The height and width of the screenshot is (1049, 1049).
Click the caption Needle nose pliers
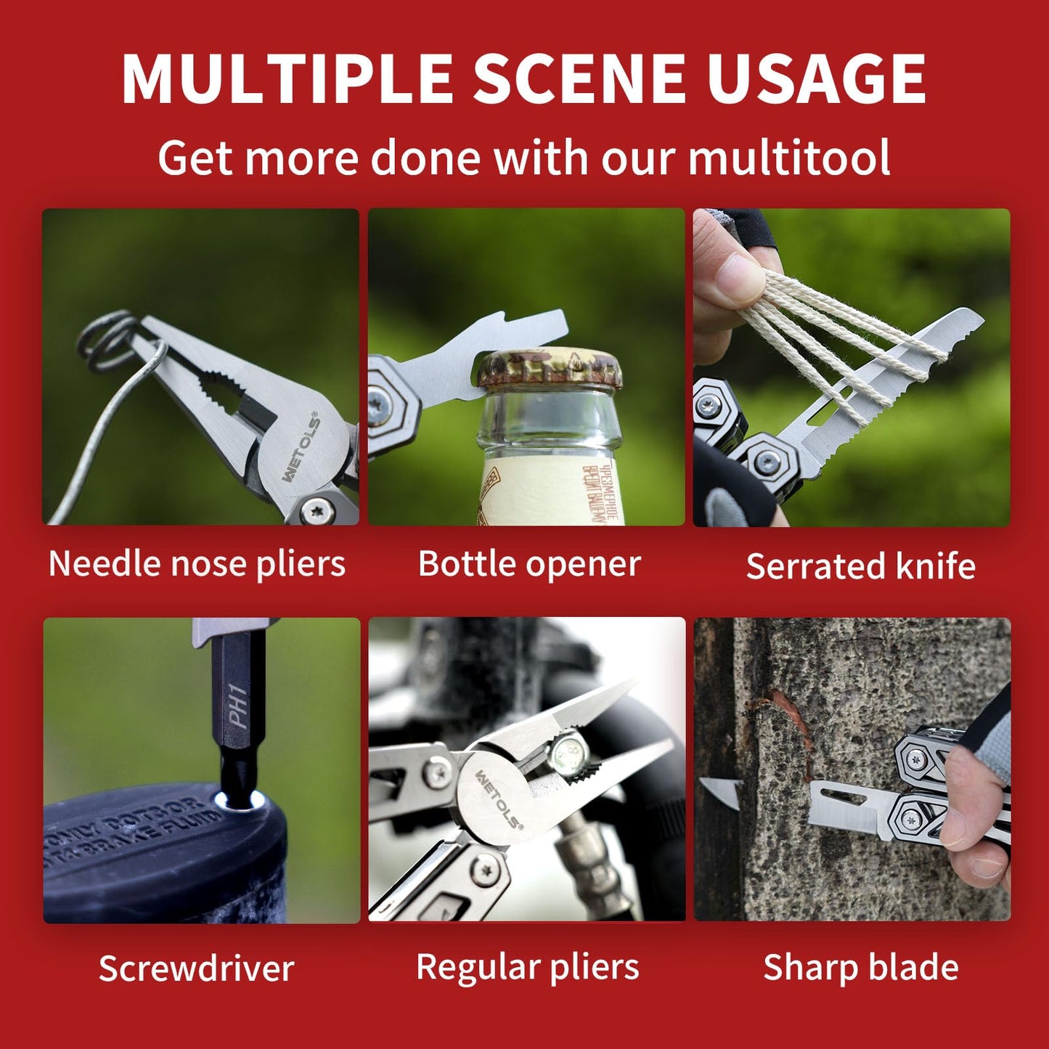197,564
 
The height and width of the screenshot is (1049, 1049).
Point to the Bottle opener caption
529,564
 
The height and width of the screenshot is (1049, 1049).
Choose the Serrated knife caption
860,566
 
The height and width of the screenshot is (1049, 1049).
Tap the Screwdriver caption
196,968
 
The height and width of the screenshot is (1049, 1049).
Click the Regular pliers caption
527,967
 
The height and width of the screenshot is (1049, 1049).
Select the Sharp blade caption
860,967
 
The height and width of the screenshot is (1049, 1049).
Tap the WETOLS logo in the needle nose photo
301,448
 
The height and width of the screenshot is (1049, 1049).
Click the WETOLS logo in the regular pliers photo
498,799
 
